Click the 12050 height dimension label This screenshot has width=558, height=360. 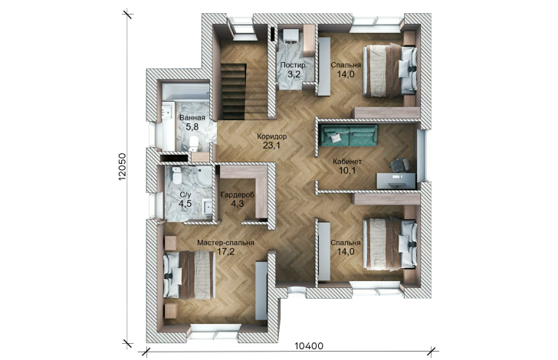pos(122,166)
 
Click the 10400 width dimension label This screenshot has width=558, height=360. pos(309,345)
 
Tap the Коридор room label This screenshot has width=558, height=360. pos(272,136)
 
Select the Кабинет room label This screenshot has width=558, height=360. pos(347,162)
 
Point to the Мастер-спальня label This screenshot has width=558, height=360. pos(225,243)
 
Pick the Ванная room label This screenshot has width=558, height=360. pos(192,118)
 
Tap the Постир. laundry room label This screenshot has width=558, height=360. pos(294,65)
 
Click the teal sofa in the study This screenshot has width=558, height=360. pos(349,136)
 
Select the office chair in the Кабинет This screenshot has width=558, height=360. pos(400,165)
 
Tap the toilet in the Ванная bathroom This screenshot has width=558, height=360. pos(194,143)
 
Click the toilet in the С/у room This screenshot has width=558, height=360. pos(176,175)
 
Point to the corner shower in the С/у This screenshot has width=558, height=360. pos(203,177)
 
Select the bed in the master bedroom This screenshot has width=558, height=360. pos(189,274)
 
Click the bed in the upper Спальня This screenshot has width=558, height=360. pos(389,70)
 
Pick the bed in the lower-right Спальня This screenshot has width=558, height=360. pos(389,244)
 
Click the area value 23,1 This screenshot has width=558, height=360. pos(272,145)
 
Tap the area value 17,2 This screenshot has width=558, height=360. pos(225,252)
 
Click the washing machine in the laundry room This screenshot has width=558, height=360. pos(290,36)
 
